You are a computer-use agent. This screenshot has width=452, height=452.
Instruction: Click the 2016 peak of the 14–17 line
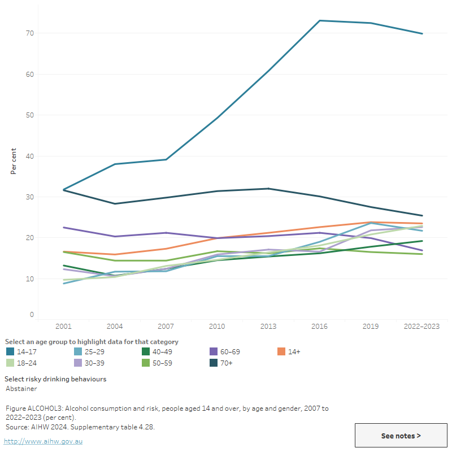(x=320, y=21)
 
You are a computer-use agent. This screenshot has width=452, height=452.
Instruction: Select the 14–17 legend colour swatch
(x=10, y=351)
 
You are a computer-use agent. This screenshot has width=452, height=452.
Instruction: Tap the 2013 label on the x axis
(x=268, y=326)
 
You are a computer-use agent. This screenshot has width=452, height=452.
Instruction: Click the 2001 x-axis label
(x=64, y=326)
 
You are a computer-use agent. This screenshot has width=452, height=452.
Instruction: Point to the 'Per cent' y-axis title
(x=14, y=161)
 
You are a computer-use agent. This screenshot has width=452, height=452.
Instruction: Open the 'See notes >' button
(x=401, y=436)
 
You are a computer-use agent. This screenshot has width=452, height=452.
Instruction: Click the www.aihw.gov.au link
(x=43, y=441)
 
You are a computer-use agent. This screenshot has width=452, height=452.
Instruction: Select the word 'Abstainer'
(x=21, y=389)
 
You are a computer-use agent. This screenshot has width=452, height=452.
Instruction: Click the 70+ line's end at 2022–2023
(x=422, y=215)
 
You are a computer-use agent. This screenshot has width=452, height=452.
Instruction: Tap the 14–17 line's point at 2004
(x=115, y=164)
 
